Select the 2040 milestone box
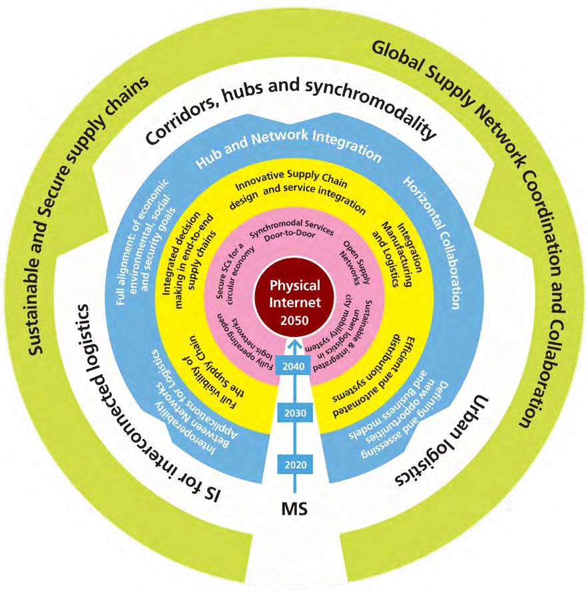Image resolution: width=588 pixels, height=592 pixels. [x=294, y=366]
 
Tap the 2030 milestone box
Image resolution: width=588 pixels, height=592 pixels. [x=294, y=413]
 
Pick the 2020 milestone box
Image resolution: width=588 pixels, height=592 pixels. [x=294, y=464]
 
